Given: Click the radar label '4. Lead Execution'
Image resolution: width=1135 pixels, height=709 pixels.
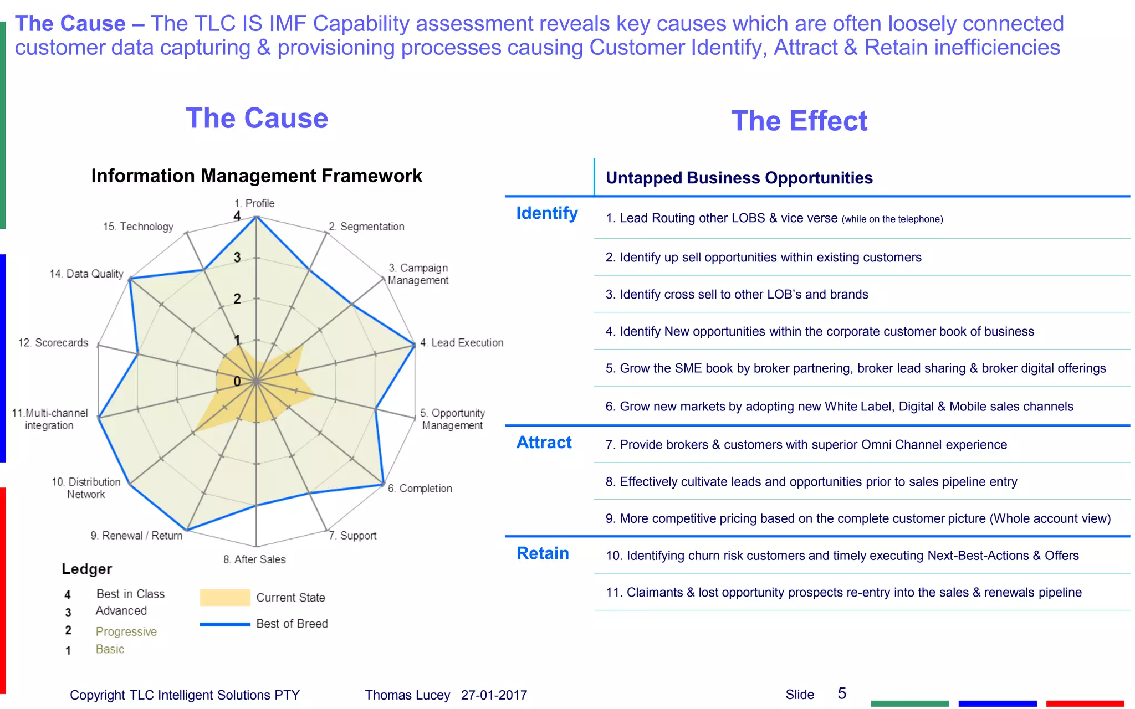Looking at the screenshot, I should [462, 343].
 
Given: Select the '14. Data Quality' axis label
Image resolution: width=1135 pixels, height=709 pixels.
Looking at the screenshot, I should [86, 274].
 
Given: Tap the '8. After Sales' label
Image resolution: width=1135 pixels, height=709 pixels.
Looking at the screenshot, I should [254, 559].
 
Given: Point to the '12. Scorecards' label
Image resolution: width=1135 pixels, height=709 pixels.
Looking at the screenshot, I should [53, 343].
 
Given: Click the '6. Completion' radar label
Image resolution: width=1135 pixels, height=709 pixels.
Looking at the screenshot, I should [420, 489].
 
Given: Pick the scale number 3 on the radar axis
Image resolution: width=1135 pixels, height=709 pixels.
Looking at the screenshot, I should [237, 258].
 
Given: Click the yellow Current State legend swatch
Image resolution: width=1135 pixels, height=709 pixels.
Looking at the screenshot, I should [225, 598].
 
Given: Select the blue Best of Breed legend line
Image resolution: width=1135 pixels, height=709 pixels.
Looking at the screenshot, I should [225, 624].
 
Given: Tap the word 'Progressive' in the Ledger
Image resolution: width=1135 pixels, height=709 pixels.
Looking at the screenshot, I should [126, 631].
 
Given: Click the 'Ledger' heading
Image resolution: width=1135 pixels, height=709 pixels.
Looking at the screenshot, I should [87, 569].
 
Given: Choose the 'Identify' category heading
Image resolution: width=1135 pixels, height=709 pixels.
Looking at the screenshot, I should [546, 213].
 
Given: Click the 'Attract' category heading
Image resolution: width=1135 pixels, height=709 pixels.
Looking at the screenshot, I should [544, 443].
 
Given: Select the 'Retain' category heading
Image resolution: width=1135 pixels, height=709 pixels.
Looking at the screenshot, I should [543, 553].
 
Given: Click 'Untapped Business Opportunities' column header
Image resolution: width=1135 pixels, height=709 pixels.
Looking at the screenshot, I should [739, 178].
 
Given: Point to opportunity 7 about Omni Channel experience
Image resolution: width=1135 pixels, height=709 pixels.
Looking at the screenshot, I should [806, 445].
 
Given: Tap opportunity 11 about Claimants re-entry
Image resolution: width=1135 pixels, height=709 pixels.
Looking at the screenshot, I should [843, 593].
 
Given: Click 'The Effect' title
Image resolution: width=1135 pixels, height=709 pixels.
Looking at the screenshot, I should [799, 121].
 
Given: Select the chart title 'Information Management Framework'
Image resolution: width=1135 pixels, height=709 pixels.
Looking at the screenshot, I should [257, 176].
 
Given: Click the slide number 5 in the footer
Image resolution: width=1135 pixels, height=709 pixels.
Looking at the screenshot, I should [842, 693].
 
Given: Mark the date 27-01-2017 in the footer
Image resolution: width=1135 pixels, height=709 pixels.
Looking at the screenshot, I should [494, 695].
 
